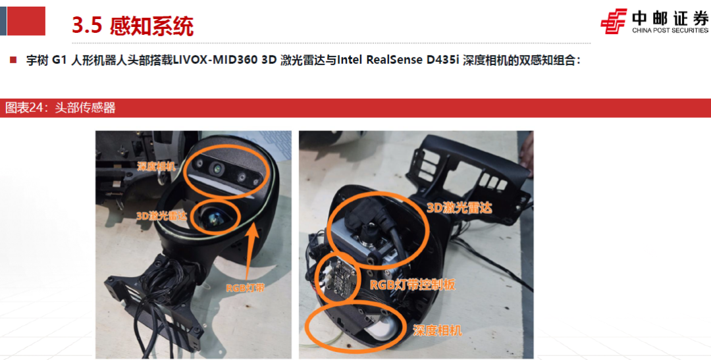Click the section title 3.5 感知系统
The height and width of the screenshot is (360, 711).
(x=132, y=26)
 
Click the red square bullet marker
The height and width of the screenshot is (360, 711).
(x=13, y=60)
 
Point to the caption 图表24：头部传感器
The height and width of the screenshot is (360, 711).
(x=61, y=108)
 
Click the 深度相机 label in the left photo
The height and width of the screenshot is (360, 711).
(x=157, y=166)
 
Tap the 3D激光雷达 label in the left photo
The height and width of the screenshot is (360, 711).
(x=162, y=215)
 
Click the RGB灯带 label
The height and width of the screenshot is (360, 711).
(x=246, y=288)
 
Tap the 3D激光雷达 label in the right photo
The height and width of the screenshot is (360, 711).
(x=460, y=208)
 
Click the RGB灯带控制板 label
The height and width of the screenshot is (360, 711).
(x=413, y=285)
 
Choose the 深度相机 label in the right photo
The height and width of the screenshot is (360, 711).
(x=437, y=330)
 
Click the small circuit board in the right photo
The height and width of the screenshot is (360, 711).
(x=341, y=276)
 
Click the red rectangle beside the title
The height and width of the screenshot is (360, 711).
(x=26, y=21)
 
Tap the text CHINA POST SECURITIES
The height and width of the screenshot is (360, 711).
(x=670, y=30)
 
